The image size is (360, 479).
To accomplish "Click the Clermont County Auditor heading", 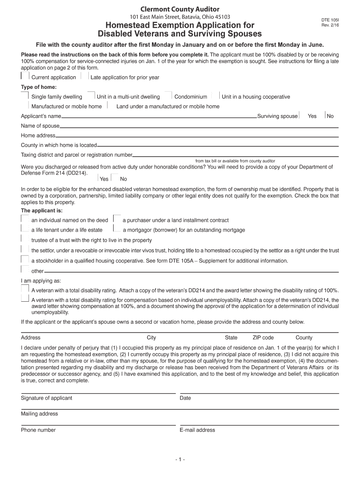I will click(x=180, y=9).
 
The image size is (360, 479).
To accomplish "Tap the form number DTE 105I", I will click(x=330, y=20).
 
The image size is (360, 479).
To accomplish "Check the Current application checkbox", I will click(x=25, y=76).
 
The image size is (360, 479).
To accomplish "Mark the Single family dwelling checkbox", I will click(x=25, y=96).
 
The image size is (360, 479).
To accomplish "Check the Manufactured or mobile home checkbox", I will click(x=25, y=106).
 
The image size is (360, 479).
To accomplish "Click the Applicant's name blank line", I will click(x=159, y=116).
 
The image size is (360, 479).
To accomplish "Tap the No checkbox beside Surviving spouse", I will click(x=324, y=116).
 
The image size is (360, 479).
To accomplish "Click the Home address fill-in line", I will click(x=196, y=136).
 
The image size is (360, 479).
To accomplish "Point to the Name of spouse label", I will click(x=40, y=126).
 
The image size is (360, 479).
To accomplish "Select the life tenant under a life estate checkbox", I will click(x=25, y=229).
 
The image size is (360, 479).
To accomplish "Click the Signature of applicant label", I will click(x=47, y=398).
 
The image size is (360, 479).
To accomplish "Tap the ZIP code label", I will click(x=263, y=338).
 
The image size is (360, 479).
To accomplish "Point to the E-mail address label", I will click(x=197, y=430).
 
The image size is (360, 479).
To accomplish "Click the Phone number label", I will click(x=38, y=430).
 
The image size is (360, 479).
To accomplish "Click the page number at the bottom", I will click(x=180, y=460).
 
